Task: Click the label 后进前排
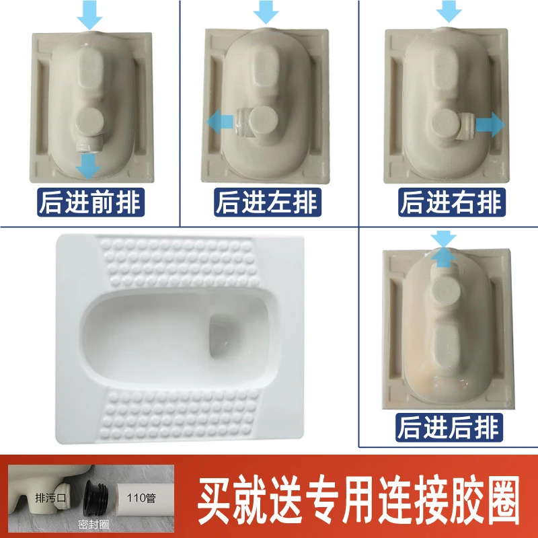[91, 202]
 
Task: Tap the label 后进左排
[268, 202]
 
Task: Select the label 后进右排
[452, 202]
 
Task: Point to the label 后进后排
[449, 428]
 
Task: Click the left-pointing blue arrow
[220, 122]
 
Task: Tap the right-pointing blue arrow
[490, 124]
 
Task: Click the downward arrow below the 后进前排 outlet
[88, 166]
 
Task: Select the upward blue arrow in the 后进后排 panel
[443, 258]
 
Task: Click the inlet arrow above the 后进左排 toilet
[266, 11]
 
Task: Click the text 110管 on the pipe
[141, 498]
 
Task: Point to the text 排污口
[50, 498]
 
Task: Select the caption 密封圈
[93, 524]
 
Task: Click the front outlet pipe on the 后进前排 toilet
[89, 145]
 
